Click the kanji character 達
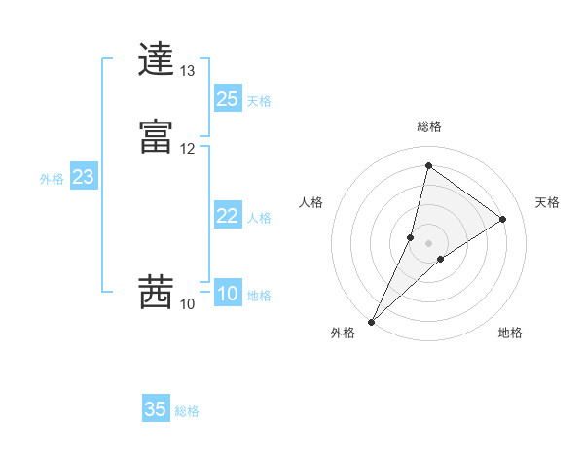coord(157,60)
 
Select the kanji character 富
coord(157,136)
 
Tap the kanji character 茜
coord(157,293)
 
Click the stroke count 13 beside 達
coord(187,71)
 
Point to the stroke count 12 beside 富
coord(187,148)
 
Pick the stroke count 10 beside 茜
coord(187,304)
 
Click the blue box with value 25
coord(227,98)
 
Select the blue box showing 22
coord(227,216)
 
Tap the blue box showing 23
coord(83,177)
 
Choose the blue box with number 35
coord(156,409)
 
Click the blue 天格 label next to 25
coord(259,100)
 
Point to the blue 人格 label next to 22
coord(259,218)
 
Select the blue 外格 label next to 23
coord(52,179)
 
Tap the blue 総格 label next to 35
coord(187,411)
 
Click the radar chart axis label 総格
coord(429,126)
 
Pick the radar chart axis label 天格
coord(547,202)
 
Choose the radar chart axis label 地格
coord(510,334)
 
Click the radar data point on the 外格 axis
coord(371,321)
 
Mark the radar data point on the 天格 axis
coord(503,219)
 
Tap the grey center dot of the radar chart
coord(429,242)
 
